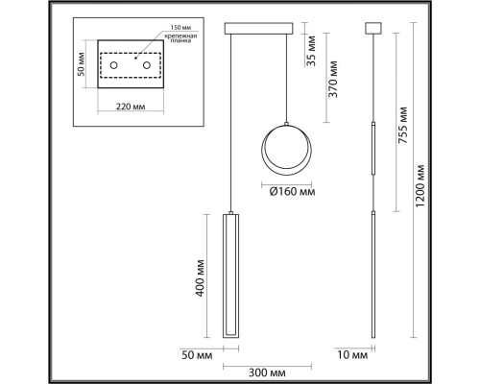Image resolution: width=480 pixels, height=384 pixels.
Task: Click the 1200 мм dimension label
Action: pyautogui.click(x=420, y=186)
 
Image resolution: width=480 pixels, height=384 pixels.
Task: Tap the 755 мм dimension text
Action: pyautogui.click(x=403, y=125)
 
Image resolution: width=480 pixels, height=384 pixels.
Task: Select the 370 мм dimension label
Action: pyautogui.click(x=332, y=79)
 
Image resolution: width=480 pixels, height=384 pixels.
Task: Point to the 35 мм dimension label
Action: pyautogui.click(x=310, y=51)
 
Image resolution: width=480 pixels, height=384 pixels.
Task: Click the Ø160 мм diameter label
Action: pyautogui.click(x=292, y=192)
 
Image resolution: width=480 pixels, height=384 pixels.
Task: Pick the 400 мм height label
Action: pyautogui.click(x=200, y=278)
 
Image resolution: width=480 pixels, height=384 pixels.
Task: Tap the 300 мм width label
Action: pyautogui.click(x=267, y=372)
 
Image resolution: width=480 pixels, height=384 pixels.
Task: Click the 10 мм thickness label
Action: pyautogui.click(x=352, y=355)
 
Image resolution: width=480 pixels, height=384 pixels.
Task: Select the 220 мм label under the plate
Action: pyautogui.click(x=131, y=107)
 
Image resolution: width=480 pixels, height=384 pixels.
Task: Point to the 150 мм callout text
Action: pyautogui.click(x=180, y=28)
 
